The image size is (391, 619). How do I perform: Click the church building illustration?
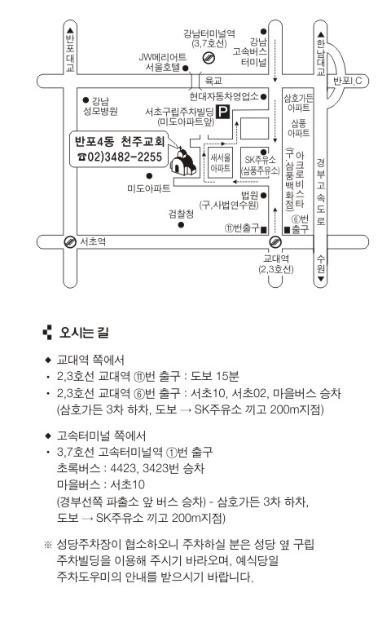(x=182, y=161)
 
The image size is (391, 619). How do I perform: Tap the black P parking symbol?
(x=223, y=113)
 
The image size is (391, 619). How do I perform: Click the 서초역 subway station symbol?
(x=70, y=241)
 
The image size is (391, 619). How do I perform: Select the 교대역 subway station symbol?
(x=275, y=241)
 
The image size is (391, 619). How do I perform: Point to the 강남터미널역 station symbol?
(x=208, y=58)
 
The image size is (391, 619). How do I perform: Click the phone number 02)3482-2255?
(x=120, y=157)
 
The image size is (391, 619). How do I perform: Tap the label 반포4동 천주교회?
(x=120, y=141)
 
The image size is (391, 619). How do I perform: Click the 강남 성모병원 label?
(x=100, y=106)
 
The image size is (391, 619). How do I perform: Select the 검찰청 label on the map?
(x=181, y=214)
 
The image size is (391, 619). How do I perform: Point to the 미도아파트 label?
(x=148, y=188)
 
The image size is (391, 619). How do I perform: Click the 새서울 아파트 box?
(x=220, y=162)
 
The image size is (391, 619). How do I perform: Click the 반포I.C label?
(x=347, y=81)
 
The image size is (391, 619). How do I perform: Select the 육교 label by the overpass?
(x=213, y=81)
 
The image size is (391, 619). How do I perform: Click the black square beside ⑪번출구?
(x=263, y=229)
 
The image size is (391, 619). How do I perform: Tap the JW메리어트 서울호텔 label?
(x=162, y=62)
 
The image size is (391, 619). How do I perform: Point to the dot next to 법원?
(x=263, y=196)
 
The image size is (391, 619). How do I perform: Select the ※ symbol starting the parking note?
(x=48, y=545)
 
